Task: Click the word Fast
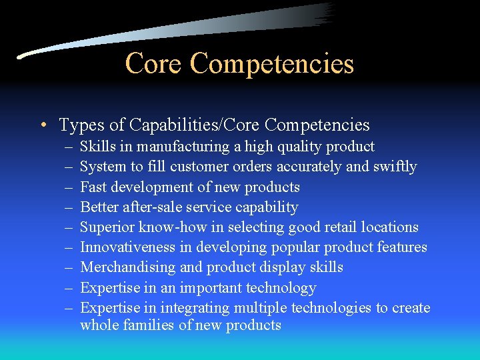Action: (x=94, y=187)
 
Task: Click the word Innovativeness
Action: (x=128, y=247)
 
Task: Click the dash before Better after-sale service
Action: (x=68, y=207)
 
